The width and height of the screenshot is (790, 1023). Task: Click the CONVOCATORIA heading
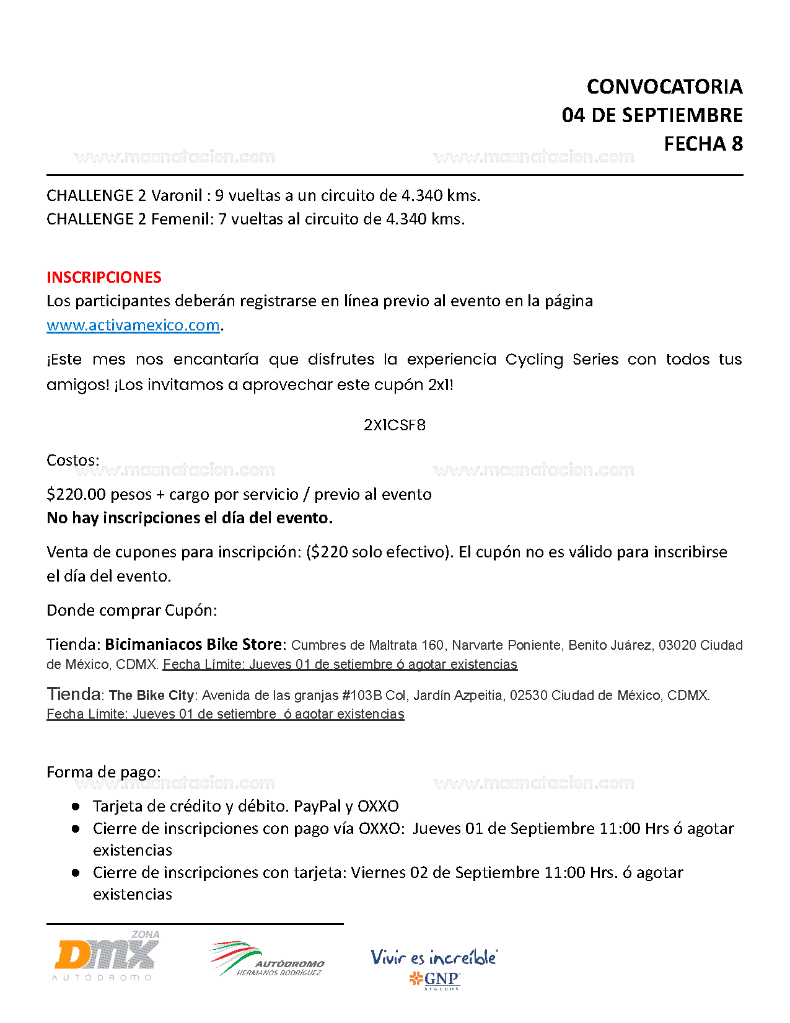pyautogui.click(x=664, y=87)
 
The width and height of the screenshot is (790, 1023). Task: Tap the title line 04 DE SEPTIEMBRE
pyautogui.click(x=652, y=115)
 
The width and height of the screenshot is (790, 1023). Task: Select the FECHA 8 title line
pyautogui.click(x=703, y=144)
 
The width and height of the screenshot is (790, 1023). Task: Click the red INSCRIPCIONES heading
pyautogui.click(x=104, y=277)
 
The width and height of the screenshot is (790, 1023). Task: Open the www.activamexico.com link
pyautogui.click(x=133, y=325)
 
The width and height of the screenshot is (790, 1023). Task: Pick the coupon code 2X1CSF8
pyautogui.click(x=395, y=425)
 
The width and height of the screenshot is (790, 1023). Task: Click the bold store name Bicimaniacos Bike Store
pyautogui.click(x=193, y=644)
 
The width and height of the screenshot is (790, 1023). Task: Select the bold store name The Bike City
pyautogui.click(x=151, y=696)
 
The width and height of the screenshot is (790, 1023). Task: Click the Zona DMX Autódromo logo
pyautogui.click(x=106, y=955)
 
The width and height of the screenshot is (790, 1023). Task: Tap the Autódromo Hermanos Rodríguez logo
pyautogui.click(x=267, y=959)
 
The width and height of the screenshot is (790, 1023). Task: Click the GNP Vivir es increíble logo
pyautogui.click(x=434, y=967)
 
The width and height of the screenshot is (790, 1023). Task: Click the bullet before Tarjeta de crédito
pyautogui.click(x=76, y=806)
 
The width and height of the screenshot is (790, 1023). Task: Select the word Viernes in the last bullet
pyautogui.click(x=377, y=872)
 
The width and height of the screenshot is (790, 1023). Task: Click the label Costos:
pyautogui.click(x=73, y=460)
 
